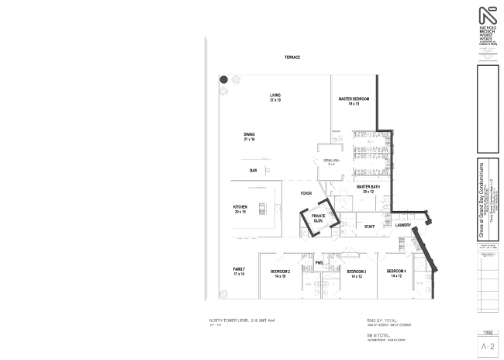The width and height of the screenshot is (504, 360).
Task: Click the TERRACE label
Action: coord(292,57)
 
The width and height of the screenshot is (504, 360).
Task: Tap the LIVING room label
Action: coord(275,98)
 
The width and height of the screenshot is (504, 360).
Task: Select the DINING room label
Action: coord(249,137)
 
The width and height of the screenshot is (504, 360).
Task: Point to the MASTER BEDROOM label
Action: coord(354,102)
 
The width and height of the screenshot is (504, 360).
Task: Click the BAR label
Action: coord(253,171)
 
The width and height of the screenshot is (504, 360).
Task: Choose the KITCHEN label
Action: coord(240,209)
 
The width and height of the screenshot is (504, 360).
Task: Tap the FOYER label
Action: coord(306,193)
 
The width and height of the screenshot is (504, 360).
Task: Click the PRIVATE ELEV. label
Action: coord(318,218)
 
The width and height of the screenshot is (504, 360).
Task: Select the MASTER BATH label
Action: coord(368,189)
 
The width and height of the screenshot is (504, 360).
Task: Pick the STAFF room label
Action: coord(370,226)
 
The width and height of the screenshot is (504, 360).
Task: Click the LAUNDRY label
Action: coord(402,225)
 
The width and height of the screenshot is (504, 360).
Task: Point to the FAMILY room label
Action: coord(239,272)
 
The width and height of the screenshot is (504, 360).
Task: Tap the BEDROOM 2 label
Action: coord(280,273)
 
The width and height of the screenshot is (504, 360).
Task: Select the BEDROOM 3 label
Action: coord(357,273)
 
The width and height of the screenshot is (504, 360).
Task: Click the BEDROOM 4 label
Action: coord(396,273)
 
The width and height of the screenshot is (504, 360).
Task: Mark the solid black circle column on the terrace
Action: coord(223,79)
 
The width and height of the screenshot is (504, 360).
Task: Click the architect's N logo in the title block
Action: coord(487,16)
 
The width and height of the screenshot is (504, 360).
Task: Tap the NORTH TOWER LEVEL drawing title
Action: coord(242,320)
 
